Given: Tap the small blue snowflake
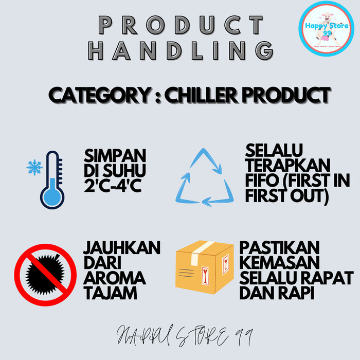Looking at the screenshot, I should tap(34, 167).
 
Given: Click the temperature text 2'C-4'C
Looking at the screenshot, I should tap(113, 184).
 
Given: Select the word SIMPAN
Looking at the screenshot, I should tap(114, 156).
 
